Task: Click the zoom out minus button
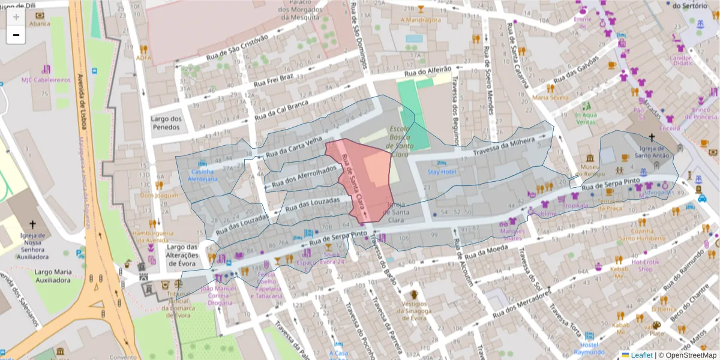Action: tap(16, 35)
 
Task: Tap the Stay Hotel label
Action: tap(442, 172)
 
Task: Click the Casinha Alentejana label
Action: tap(203, 175)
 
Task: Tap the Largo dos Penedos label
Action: tap(166, 122)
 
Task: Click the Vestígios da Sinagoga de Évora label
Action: tap(413, 310)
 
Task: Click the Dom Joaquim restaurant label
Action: tap(158, 195)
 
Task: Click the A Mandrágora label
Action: tap(420, 20)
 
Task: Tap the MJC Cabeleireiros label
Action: tap(46, 80)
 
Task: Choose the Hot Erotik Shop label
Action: tap(646, 265)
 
